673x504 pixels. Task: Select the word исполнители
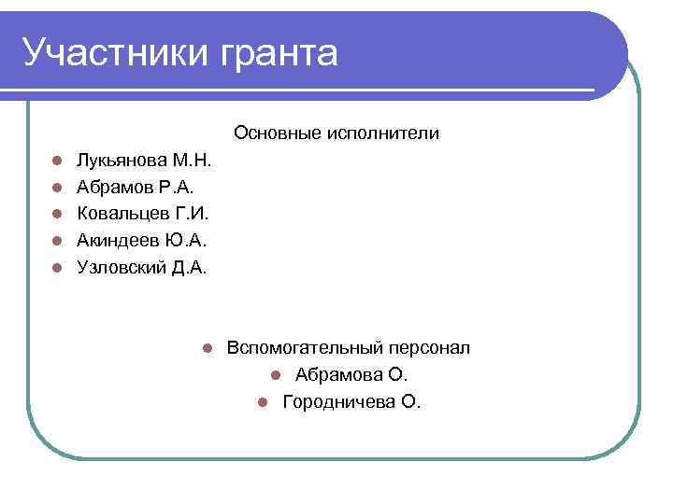pos(383,133)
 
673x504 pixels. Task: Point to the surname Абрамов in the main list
pos(115,188)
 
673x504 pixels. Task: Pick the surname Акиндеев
pos(119,241)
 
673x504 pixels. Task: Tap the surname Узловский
pos(122,268)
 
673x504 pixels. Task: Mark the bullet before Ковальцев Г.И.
pos(57,214)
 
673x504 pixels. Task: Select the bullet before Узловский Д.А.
pos(57,268)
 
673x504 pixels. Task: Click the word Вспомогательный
pos(305,348)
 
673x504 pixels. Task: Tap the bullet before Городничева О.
pos(263,402)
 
